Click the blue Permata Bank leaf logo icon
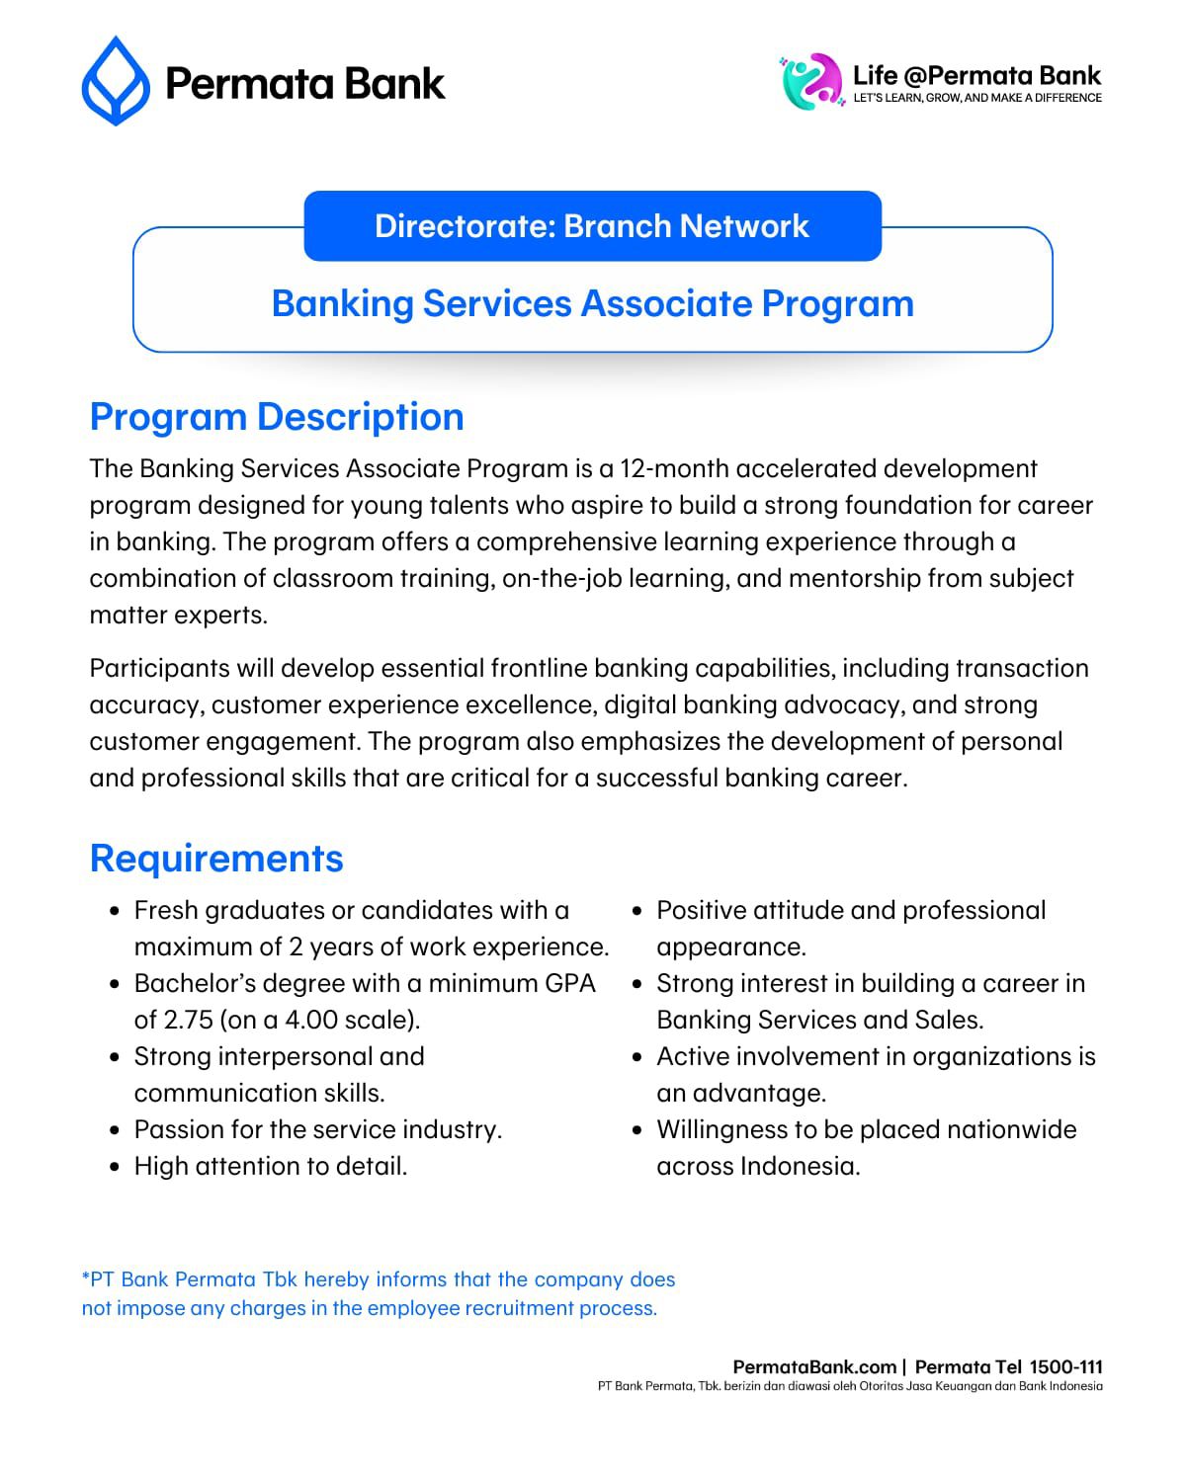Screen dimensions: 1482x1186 point(116,81)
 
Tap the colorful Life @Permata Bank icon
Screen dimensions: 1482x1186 point(810,81)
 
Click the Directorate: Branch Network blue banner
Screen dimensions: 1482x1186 point(592,226)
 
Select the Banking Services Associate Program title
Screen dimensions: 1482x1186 point(592,303)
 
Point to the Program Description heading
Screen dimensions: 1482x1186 point(277,417)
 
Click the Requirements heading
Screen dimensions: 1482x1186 point(216,859)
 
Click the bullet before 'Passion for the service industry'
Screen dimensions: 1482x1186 point(116,1130)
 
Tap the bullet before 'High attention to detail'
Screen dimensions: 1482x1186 point(116,1167)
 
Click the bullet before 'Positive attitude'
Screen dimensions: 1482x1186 point(637,911)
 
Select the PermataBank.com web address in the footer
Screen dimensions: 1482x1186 point(814,1367)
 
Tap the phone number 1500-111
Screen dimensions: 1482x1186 point(1065,1367)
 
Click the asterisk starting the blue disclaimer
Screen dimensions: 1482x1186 point(85,1278)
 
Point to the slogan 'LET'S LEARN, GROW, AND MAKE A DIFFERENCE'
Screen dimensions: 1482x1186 point(976,98)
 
